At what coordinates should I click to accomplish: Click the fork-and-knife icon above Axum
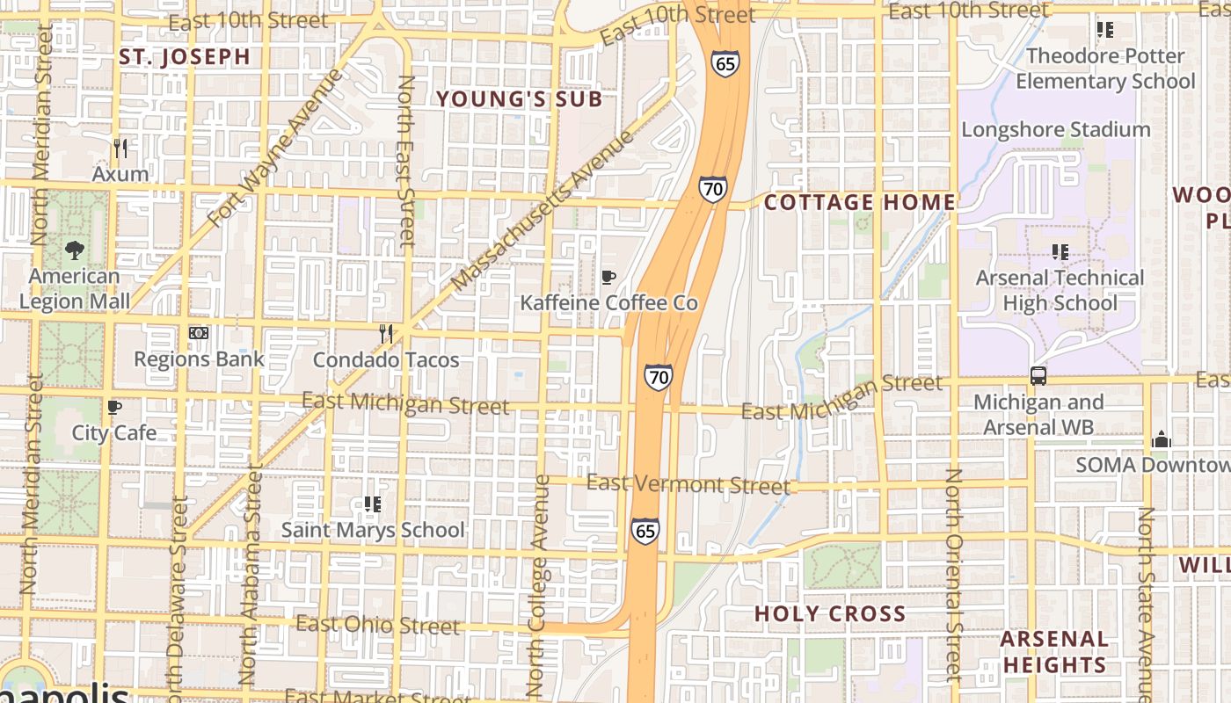(x=120, y=147)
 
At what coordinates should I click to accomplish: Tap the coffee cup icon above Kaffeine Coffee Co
(x=608, y=278)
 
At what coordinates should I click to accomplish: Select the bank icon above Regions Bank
(x=199, y=333)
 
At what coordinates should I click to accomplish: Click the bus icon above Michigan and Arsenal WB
(x=1038, y=376)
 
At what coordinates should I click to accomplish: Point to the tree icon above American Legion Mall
(x=75, y=250)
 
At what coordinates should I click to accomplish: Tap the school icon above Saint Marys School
(x=372, y=504)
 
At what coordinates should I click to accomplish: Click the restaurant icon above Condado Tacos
(x=385, y=334)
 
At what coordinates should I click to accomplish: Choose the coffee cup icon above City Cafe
(x=113, y=407)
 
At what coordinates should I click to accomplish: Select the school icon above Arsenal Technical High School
(x=1060, y=252)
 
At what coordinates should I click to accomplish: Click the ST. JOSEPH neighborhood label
(x=185, y=57)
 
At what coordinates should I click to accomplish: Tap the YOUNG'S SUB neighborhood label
(x=520, y=99)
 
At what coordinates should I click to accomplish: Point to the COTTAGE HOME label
(x=859, y=203)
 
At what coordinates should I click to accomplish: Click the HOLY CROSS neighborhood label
(x=830, y=613)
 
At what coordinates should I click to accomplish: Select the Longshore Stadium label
(x=1055, y=129)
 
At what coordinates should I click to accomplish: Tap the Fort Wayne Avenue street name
(x=274, y=148)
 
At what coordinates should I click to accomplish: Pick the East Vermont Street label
(x=688, y=483)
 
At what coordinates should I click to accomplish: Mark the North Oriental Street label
(x=954, y=576)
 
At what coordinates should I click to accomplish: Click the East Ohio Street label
(x=377, y=625)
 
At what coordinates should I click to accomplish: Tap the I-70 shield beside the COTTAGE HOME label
(x=713, y=188)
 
